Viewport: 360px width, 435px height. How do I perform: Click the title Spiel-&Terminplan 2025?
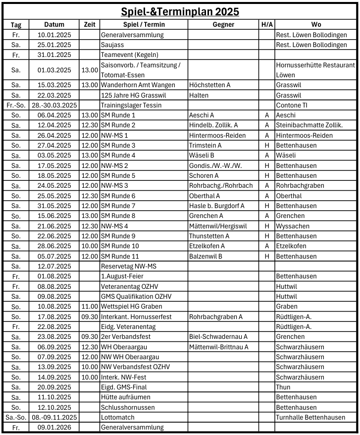180,11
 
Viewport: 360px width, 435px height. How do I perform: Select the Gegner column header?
223,24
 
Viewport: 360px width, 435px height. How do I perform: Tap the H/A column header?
266,24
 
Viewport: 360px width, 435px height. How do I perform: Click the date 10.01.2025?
54,35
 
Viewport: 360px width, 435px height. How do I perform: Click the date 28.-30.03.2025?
54,105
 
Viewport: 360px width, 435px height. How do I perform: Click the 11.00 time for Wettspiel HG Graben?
90,306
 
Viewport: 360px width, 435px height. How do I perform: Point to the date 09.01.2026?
54,427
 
